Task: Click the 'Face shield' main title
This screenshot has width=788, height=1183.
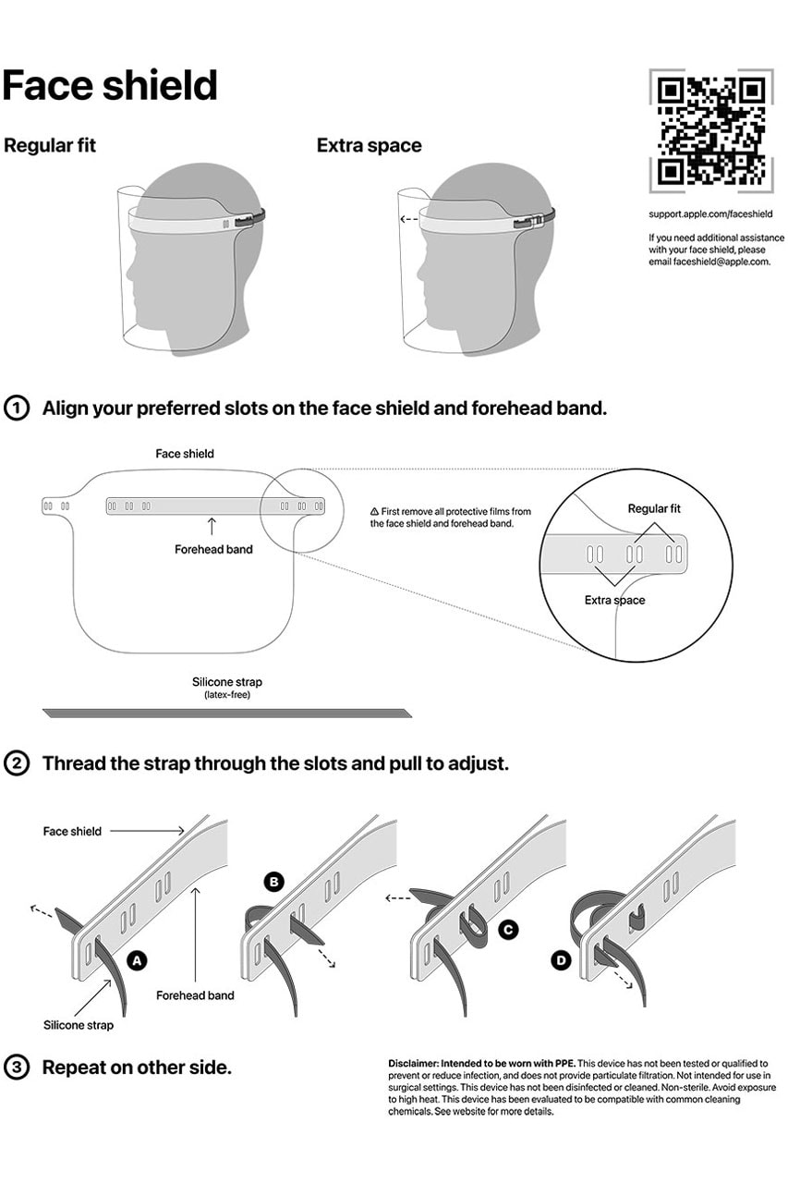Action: pos(110,86)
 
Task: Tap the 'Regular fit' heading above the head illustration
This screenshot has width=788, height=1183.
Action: pos(50,146)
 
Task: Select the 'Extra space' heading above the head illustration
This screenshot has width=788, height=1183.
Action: pos(369,146)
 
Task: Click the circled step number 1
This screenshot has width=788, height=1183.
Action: pos(18,408)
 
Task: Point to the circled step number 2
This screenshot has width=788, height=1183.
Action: pos(18,763)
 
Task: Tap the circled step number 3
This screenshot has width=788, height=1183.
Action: pos(18,1067)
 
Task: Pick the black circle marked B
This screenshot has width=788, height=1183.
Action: pos(273,882)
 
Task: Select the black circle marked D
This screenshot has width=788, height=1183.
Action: pos(561,960)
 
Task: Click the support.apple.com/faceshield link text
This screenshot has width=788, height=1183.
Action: pos(710,214)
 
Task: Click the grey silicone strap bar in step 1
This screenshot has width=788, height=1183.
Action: pos(226,713)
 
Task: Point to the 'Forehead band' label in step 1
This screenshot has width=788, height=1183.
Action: pos(213,549)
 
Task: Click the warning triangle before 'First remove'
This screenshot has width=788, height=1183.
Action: pos(374,511)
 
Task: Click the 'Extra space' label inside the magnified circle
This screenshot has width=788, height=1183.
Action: pos(614,601)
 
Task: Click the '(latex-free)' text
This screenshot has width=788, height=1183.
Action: pos(226,694)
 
